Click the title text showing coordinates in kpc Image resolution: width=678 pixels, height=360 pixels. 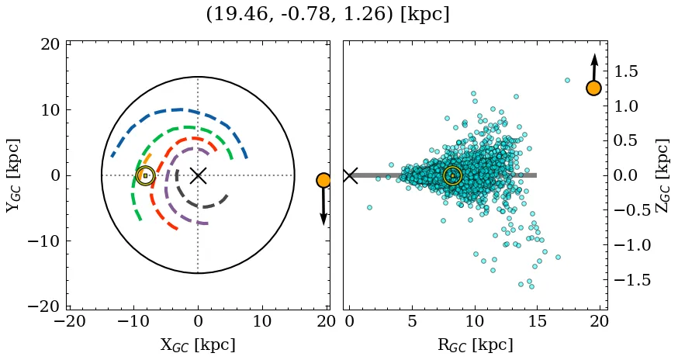coord(327,15)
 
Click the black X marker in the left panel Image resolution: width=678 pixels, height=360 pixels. coord(198,175)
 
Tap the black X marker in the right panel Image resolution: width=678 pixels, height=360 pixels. coord(350,175)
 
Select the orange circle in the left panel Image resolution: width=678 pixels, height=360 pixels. coord(323,180)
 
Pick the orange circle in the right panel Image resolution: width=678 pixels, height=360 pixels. coord(593,88)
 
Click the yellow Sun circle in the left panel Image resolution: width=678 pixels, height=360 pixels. coord(145,175)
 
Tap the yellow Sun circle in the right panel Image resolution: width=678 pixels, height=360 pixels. coord(452,175)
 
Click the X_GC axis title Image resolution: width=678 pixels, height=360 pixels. coord(198,344)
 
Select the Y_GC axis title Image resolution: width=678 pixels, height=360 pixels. coord(13,175)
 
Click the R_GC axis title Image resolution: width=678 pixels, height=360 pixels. coord(475,344)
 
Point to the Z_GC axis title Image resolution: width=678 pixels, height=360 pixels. coord(663,175)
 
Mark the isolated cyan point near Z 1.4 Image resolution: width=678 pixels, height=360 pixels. coord(567,80)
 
